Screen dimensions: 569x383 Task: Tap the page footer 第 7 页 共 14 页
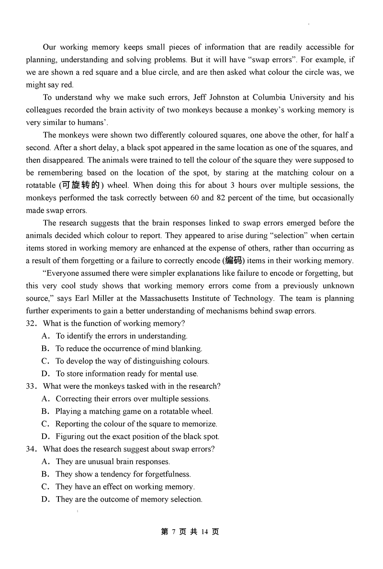click(x=190, y=532)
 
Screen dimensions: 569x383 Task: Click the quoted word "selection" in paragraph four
click(x=230, y=235)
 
